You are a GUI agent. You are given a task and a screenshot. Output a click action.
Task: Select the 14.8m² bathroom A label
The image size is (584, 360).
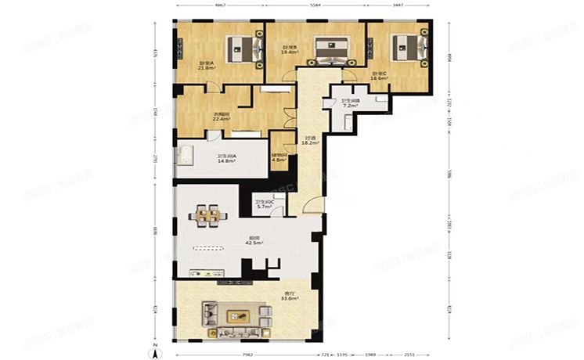(x=227, y=159)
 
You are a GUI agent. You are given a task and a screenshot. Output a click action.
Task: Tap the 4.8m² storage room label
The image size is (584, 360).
(x=279, y=157)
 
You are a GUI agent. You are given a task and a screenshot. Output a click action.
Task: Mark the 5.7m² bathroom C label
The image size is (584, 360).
(x=264, y=205)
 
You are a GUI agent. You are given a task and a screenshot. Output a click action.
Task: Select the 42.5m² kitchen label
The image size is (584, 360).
(x=254, y=242)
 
